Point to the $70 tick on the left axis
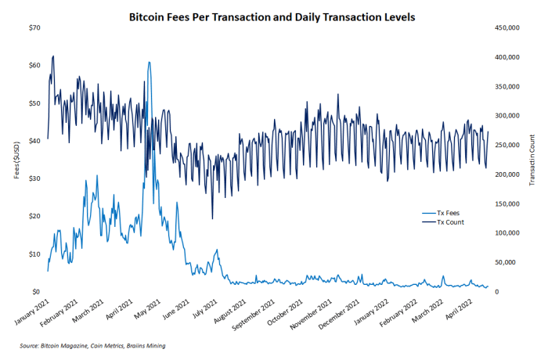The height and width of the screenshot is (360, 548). point(34,28)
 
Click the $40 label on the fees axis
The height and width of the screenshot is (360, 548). point(34,141)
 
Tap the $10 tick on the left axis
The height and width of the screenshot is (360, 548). point(34,254)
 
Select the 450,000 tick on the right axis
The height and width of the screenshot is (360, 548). point(507,28)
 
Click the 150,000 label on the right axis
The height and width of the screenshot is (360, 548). point(507,203)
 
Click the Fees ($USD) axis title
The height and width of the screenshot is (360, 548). point(16,160)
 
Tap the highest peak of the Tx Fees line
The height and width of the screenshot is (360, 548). point(149,62)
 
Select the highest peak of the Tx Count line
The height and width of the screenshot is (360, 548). point(52,56)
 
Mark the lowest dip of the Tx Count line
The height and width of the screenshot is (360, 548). point(212,219)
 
